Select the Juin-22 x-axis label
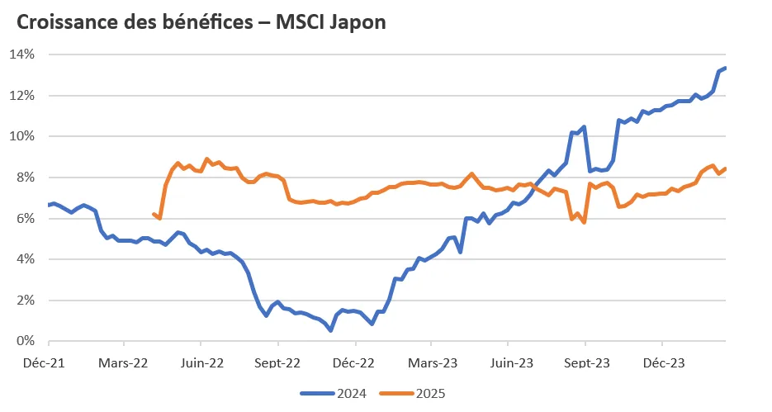tap(202, 362)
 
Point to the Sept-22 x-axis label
tap(278, 362)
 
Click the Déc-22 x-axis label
tap(356, 362)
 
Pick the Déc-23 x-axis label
tap(663, 362)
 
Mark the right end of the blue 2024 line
tap(725, 68)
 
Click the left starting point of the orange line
tap(154, 214)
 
